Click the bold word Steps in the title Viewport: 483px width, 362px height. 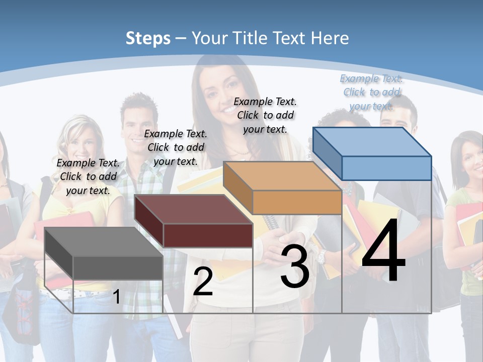pos(148,38)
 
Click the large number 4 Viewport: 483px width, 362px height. pos(383,251)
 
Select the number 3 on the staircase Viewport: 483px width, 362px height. pos(295,267)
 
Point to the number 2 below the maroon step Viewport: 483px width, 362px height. pos(203,282)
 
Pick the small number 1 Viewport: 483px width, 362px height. pos(116,297)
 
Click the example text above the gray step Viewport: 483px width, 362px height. pos(89,176)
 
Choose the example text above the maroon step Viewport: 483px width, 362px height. pos(176,147)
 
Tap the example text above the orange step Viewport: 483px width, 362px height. pos(265,115)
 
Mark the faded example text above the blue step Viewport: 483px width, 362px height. pos(371,92)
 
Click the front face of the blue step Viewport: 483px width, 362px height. pos(386,168)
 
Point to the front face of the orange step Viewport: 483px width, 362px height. pos(297,202)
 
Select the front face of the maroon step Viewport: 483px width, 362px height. pos(208,235)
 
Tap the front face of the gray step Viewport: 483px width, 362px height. pos(118,267)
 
